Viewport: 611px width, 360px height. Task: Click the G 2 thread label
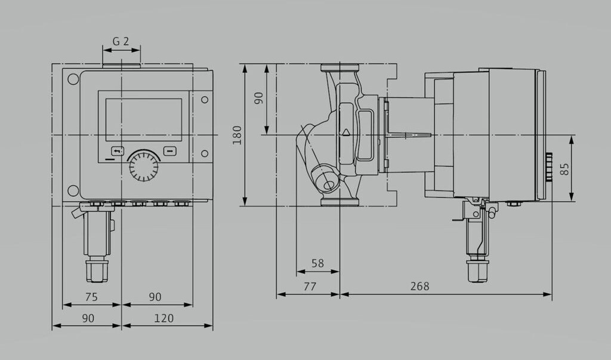[x=121, y=41]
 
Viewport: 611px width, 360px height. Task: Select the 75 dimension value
[x=91, y=297]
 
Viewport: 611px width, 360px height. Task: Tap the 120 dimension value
[x=163, y=318]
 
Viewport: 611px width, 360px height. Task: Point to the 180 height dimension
[x=237, y=135]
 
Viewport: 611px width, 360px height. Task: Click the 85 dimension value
[x=564, y=170]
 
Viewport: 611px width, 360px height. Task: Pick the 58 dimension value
[x=317, y=263]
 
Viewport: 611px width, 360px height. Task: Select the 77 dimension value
[x=308, y=287]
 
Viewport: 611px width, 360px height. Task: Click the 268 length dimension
[x=419, y=287]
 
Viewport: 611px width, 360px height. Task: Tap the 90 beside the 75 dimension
[x=155, y=297]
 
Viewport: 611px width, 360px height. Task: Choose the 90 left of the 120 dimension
[x=88, y=318]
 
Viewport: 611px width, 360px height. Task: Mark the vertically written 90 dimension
[x=258, y=99]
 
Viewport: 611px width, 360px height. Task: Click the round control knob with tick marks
[x=143, y=165]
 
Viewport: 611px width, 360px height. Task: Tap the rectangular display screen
[x=143, y=119]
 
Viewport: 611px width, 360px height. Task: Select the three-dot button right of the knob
[x=170, y=151]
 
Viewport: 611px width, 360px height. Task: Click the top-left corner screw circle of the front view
[x=72, y=78]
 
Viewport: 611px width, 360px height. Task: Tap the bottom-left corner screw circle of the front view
[x=72, y=190]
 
